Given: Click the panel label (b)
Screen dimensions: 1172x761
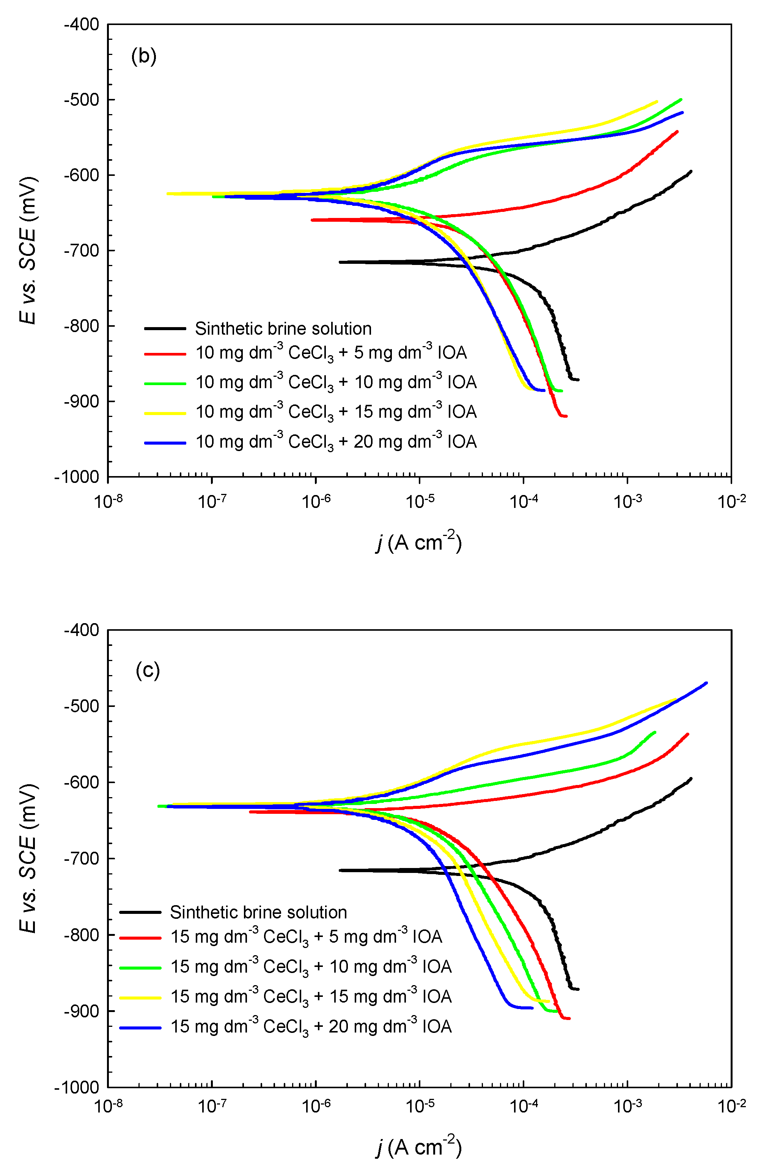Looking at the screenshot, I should click(143, 56).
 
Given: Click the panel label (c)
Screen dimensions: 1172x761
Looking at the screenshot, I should click(147, 670).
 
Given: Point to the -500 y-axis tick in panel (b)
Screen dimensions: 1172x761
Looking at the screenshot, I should click(82, 99).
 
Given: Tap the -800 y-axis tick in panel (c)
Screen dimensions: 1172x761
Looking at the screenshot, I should click(82, 935).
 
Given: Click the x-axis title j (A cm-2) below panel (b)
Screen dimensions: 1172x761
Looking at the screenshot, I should click(418, 542).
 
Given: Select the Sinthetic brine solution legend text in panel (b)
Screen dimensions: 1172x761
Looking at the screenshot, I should click(283, 329).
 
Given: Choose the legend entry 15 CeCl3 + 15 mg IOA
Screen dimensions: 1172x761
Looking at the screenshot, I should click(311, 997).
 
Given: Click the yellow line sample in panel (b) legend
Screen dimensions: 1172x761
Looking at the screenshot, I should click(165, 413).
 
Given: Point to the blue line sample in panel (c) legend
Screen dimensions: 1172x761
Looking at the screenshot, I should click(140, 1028).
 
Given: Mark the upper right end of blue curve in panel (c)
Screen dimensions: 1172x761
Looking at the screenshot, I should click(706, 683).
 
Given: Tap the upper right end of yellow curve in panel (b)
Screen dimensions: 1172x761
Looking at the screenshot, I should click(657, 102).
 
